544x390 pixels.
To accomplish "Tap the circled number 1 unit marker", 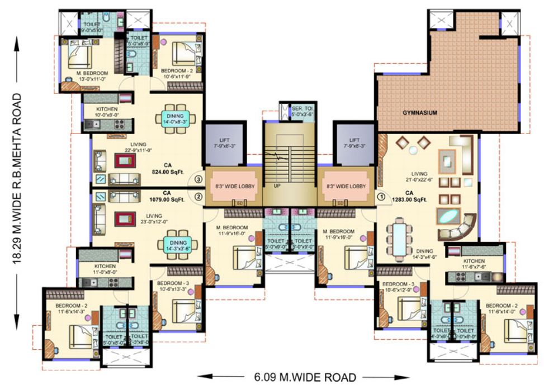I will (x=381, y=196).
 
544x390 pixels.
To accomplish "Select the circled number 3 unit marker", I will (x=198, y=179).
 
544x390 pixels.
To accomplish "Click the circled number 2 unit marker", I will (x=198, y=196).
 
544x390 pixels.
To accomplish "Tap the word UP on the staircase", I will (x=277, y=186).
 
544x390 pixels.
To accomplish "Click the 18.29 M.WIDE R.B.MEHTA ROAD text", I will (x=18, y=178).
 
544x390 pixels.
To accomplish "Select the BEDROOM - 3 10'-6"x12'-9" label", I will (x=398, y=287).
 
